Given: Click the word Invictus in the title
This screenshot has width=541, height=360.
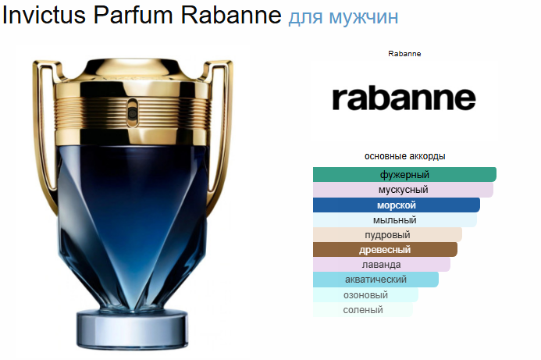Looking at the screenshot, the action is point(44,15).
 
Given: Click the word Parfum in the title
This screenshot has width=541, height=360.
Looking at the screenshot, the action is point(133,15).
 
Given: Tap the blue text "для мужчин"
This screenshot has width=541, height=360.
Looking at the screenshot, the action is point(343,17).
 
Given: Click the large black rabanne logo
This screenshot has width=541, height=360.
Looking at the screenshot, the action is point(404,98).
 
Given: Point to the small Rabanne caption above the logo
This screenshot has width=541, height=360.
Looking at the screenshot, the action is point(404,54).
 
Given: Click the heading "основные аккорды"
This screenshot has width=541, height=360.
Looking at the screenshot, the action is point(404,156).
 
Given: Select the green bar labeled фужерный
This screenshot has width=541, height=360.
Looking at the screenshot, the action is point(404,174).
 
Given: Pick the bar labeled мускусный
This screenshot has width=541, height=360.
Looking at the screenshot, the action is point(403,190).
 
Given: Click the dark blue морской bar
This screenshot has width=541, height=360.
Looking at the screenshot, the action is point(397,205).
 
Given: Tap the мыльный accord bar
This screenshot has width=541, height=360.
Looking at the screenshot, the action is point(395,220).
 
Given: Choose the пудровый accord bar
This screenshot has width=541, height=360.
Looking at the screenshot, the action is point(387,235).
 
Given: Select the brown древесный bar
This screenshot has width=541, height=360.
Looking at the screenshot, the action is point(385,250).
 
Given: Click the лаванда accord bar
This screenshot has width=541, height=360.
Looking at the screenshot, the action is point(382,265).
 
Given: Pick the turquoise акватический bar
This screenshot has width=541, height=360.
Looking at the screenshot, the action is point(375,280).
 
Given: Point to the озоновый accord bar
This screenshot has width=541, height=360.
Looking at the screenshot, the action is point(365,294).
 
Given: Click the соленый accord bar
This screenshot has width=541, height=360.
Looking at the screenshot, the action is point(363,309).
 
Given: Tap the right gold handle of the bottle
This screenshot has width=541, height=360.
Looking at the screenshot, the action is point(221,131).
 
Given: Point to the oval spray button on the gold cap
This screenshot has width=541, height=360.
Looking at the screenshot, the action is point(132,112).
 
